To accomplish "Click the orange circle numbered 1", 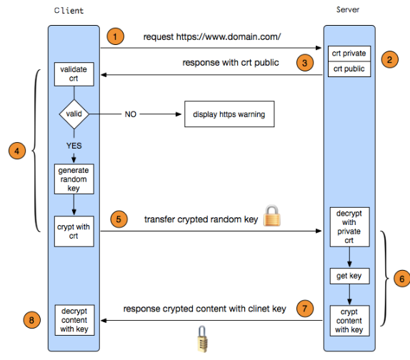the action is click(x=115, y=36).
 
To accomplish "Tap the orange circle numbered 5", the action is click(x=119, y=219).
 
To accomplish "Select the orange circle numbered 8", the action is click(x=31, y=320).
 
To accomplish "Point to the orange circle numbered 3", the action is click(x=305, y=63).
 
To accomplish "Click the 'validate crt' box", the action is click(x=74, y=74).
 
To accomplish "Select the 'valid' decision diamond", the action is click(x=74, y=114).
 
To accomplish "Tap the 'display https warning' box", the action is click(x=229, y=114).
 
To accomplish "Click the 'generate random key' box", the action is click(x=74, y=179).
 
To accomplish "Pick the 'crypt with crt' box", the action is click(x=74, y=231).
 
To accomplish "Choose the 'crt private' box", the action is click(x=349, y=54).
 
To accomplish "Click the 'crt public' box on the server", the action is click(x=349, y=69).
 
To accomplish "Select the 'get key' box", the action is click(x=349, y=276).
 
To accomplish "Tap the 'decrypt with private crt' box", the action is click(x=349, y=227).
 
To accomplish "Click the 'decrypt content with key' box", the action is click(x=74, y=320).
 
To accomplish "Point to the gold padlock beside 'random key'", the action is click(x=272, y=216).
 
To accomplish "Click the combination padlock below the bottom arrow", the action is click(x=202, y=339).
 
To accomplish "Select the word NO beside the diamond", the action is click(x=131, y=114).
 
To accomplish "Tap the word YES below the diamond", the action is click(x=74, y=146).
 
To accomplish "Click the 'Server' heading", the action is click(x=348, y=10).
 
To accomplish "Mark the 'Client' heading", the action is click(x=69, y=11).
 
